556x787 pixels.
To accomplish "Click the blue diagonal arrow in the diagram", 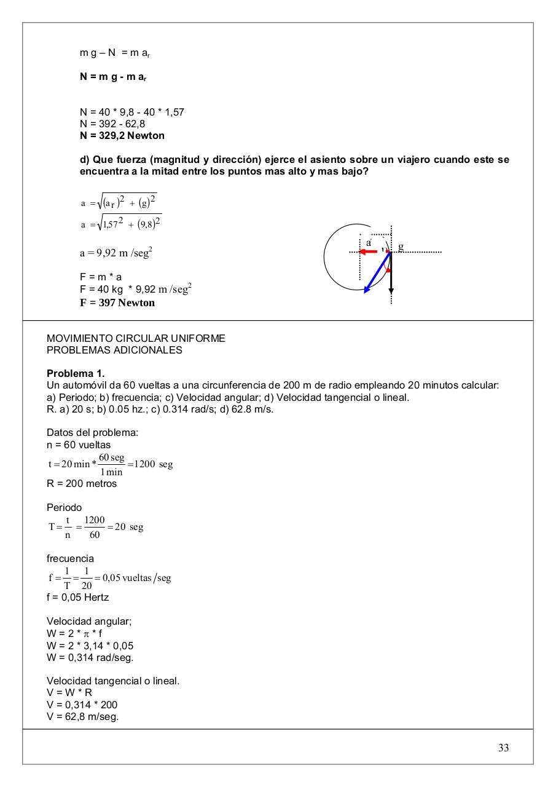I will pyautogui.click(x=377, y=273).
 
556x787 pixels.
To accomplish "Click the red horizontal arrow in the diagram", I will pyautogui.click(x=369, y=251).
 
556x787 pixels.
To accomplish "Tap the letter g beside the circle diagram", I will pyautogui.click(x=401, y=247).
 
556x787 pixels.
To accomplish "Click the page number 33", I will pyautogui.click(x=503, y=748).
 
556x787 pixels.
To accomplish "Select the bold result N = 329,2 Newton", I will pyautogui.click(x=122, y=135).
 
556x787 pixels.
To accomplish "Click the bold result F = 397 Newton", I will pyautogui.click(x=117, y=303).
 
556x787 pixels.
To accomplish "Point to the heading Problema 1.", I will pyautogui.click(x=76, y=374).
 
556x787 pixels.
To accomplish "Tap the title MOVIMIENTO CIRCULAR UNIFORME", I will pyautogui.click(x=136, y=339).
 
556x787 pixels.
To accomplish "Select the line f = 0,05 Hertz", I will pyautogui.click(x=78, y=597).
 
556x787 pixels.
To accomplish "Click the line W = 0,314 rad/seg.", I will pyautogui.click(x=90, y=657).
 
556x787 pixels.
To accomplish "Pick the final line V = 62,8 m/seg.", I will pyautogui.click(x=83, y=716).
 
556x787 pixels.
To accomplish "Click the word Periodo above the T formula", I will pyautogui.click(x=64, y=508).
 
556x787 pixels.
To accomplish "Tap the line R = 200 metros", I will pyautogui.click(x=82, y=483).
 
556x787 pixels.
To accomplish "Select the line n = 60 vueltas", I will pyautogui.click(x=79, y=445).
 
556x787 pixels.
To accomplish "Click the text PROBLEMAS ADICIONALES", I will pyautogui.click(x=114, y=350).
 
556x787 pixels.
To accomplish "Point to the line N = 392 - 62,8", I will pyautogui.click(x=112, y=124).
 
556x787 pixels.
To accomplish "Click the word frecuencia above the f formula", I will pyautogui.click(x=70, y=558).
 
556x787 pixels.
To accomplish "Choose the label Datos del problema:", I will pyautogui.click(x=92, y=433).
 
